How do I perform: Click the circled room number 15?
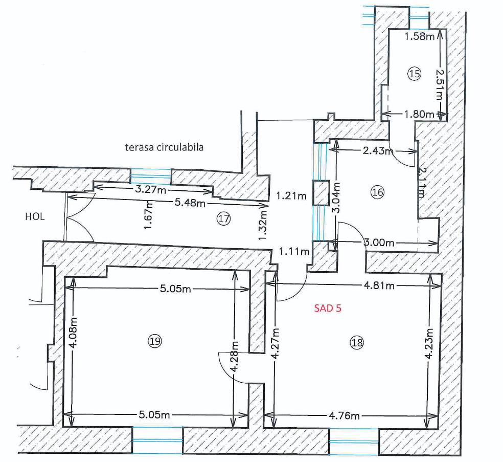point(414,74)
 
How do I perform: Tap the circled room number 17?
point(223,219)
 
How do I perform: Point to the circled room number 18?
point(357,343)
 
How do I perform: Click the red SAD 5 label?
point(327,309)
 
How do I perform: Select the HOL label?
point(35,216)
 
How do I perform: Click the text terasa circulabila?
point(164,147)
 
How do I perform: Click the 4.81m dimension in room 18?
point(378,285)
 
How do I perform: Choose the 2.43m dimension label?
point(377,151)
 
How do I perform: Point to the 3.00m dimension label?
point(379,243)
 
